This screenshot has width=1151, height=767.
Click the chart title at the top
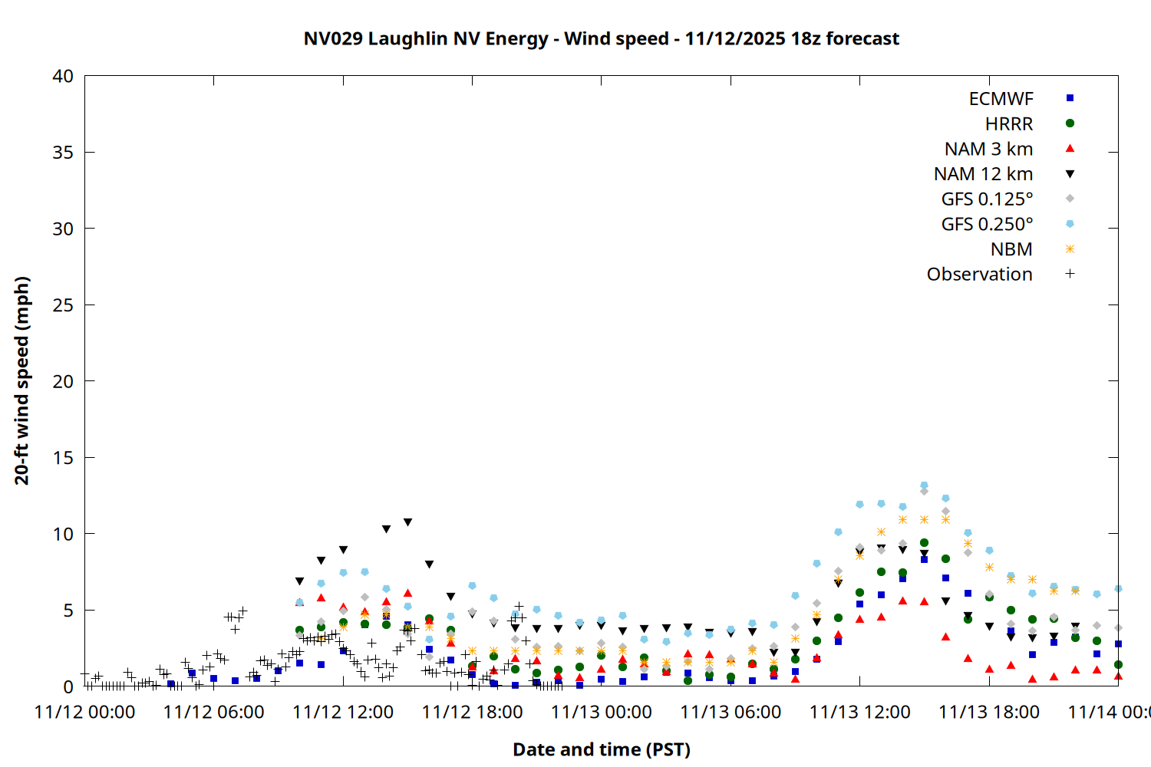point(601,38)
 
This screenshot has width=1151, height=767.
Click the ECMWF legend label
point(1001,99)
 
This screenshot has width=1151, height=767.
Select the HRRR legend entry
point(1009,124)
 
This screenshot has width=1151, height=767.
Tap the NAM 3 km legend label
point(988,149)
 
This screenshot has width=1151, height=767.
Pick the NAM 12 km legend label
point(983,174)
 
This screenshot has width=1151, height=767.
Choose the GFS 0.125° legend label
point(987,199)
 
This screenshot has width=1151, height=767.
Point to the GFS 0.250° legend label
point(987,224)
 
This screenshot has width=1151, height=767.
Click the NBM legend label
point(1011,249)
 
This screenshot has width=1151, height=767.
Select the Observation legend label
point(979,275)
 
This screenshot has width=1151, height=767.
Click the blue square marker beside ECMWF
point(1070,98)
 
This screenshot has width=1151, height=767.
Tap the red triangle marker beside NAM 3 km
point(1070,148)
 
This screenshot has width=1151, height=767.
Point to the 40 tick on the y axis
point(63,76)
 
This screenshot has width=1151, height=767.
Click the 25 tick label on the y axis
point(63,304)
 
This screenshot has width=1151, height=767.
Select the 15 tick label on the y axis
point(63,457)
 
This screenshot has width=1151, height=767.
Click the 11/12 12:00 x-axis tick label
point(343,712)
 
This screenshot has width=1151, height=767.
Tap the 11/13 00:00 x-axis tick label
point(602,712)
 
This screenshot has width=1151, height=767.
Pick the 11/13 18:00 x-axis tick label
point(989,712)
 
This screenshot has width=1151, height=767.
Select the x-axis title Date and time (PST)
point(601,749)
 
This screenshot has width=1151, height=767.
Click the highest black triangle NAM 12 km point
point(407,522)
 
